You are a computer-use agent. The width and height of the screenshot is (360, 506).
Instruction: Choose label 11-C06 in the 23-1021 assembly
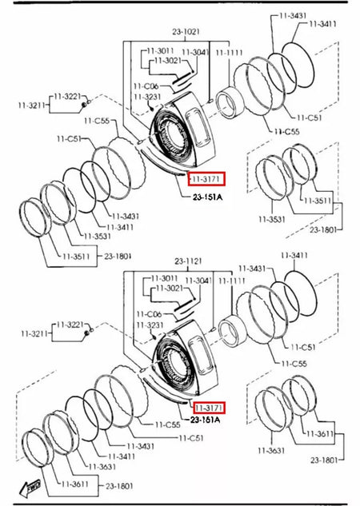pos(146,86)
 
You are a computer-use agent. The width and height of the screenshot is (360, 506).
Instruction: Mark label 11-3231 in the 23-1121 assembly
pos(148,326)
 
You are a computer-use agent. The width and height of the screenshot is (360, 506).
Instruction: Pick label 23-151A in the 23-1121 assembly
pos(206,420)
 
